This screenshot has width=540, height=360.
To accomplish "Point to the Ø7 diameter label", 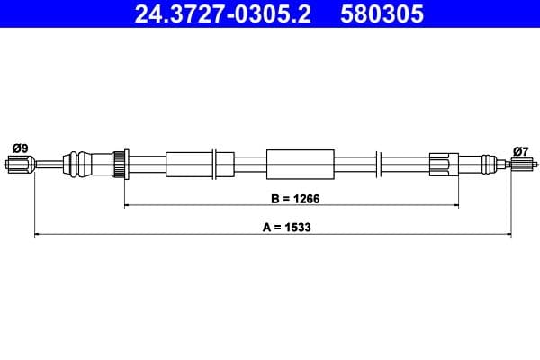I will (x=519, y=149).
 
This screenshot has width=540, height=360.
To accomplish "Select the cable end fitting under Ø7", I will (x=519, y=165).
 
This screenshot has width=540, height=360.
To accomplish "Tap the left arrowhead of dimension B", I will (x=127, y=205).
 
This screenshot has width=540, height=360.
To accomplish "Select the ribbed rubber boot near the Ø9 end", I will (x=85, y=164).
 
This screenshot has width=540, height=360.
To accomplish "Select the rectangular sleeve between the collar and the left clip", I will (x=187, y=164).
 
